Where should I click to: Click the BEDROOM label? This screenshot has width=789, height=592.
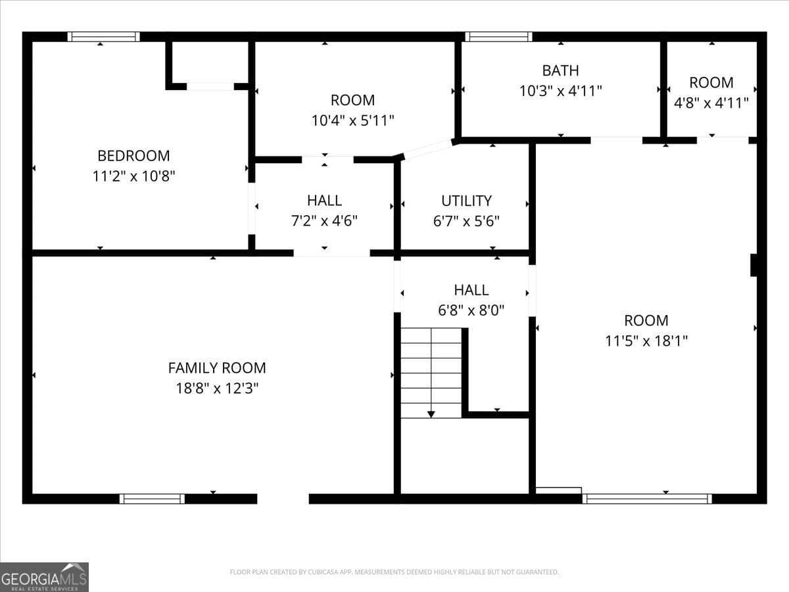(x=133, y=156)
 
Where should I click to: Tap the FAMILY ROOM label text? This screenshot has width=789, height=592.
(x=217, y=368)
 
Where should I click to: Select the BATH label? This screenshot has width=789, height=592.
(x=560, y=70)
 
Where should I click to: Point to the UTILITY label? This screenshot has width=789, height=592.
(x=467, y=201)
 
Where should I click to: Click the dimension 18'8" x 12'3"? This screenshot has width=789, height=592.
(x=217, y=388)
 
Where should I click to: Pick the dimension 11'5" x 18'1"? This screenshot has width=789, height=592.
(x=646, y=341)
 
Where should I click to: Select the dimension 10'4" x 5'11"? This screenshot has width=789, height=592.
(x=352, y=120)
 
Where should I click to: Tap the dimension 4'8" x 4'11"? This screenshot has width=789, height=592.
(x=711, y=103)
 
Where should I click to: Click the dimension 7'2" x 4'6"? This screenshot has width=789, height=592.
(x=324, y=221)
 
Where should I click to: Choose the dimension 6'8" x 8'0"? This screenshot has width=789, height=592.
(x=471, y=310)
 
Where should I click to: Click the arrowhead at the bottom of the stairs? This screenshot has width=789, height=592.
(x=431, y=414)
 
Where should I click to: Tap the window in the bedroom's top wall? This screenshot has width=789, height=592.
(x=103, y=37)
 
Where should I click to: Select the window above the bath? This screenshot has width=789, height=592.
(x=498, y=37)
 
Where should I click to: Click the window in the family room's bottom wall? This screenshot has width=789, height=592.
(x=152, y=499)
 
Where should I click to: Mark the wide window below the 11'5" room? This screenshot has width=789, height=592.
(x=647, y=499)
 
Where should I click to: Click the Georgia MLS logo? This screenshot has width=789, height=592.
(x=44, y=577)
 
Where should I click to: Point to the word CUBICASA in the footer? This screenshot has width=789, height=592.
(x=322, y=572)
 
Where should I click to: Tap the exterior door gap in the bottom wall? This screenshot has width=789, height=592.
(x=283, y=499)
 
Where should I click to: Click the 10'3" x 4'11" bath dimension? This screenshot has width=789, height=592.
(x=560, y=91)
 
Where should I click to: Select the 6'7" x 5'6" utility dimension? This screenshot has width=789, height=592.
(x=467, y=221)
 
